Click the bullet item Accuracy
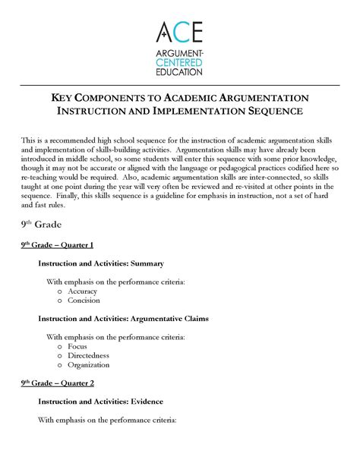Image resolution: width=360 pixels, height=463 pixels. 82,291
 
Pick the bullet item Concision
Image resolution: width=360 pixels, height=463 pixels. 83,301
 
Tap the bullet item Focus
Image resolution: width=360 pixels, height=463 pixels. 77,346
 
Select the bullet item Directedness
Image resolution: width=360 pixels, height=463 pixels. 88,355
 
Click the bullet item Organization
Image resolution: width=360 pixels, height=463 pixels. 89,365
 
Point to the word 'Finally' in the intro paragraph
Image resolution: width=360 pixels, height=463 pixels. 77,194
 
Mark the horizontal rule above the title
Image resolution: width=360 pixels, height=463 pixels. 180,86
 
